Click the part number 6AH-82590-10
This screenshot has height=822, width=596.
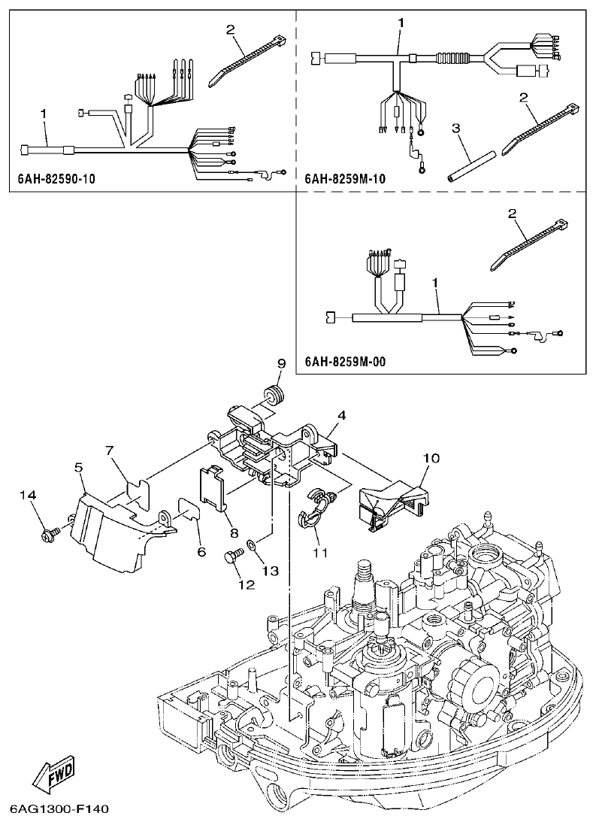tap(56, 180)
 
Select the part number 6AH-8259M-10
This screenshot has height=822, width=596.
tap(346, 180)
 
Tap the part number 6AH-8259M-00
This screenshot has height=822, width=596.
tap(346, 362)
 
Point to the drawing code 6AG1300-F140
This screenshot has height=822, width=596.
tap(60, 810)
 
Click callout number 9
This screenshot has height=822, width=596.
tap(281, 364)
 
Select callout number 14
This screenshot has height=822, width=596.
tap(27, 495)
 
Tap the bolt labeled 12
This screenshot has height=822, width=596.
tap(231, 557)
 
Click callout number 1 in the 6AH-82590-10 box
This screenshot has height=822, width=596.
tap(44, 113)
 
